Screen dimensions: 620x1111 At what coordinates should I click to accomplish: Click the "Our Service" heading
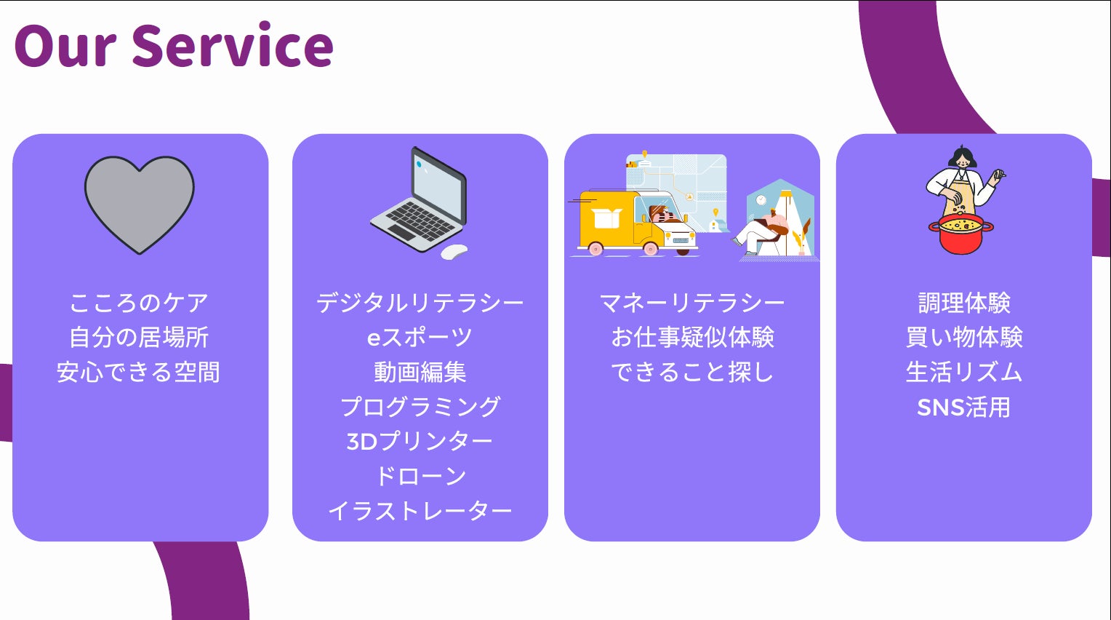tap(173, 46)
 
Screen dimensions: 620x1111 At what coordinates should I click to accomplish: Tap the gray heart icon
tap(139, 202)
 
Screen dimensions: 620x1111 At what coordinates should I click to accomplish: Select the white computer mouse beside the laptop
tap(454, 252)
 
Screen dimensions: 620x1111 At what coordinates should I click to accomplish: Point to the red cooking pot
tap(961, 234)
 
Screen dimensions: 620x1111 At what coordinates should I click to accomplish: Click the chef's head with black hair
tap(962, 157)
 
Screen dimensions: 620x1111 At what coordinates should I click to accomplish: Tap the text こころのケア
tap(139, 303)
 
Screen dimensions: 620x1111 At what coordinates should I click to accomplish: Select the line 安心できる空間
tap(139, 373)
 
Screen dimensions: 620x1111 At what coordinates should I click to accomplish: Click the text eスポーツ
tap(420, 338)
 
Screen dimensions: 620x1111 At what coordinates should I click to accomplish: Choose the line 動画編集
tap(420, 373)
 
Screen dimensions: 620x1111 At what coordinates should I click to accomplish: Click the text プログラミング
tap(420, 407)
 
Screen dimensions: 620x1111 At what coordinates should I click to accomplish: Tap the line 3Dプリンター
tap(420, 442)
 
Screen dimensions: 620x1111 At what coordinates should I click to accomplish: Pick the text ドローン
tap(420, 477)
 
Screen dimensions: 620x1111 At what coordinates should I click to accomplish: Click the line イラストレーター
tap(420, 511)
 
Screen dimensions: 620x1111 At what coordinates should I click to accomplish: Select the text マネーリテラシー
tap(691, 303)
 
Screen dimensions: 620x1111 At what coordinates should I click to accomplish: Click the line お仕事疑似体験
tap(691, 338)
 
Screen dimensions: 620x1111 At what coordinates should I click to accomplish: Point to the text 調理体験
tap(964, 303)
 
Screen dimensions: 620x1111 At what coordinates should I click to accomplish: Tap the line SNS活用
tap(964, 408)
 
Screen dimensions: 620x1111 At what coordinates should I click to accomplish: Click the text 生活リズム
tap(964, 373)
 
